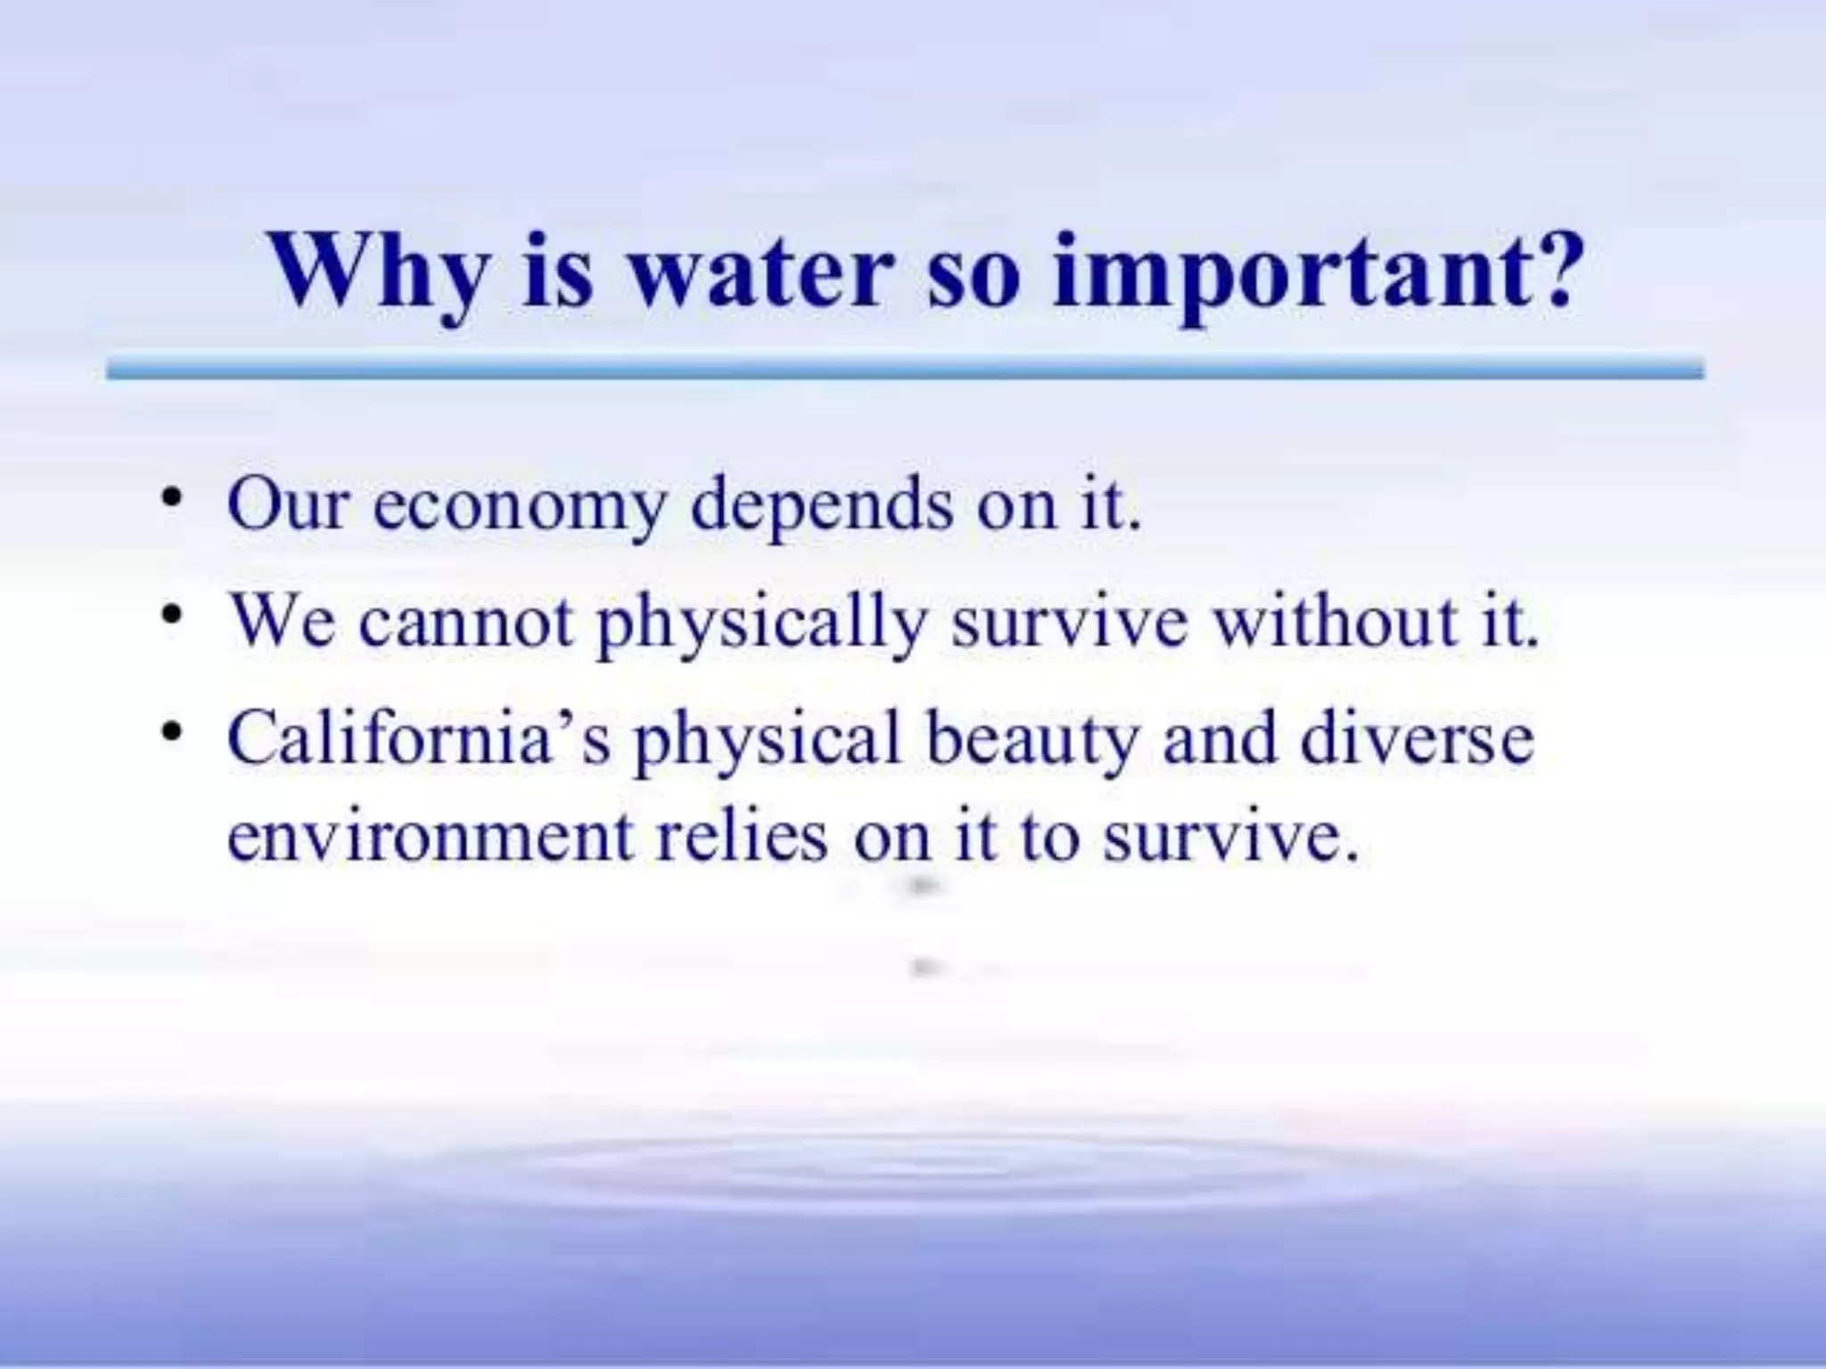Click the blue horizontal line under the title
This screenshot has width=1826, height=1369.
(904, 369)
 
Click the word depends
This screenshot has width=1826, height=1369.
(821, 506)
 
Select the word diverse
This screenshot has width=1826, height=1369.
(1418, 740)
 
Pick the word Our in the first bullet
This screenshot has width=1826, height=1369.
(286, 505)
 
